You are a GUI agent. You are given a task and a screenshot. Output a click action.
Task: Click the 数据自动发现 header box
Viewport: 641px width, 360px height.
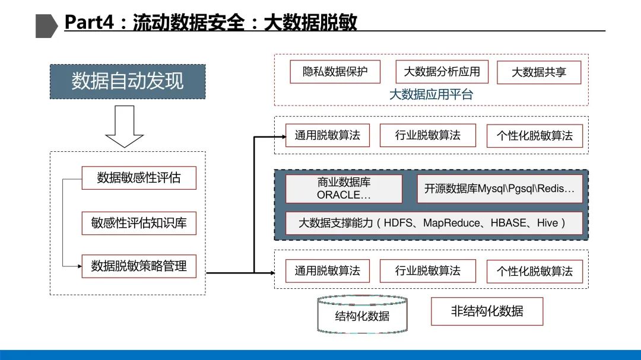[128, 81]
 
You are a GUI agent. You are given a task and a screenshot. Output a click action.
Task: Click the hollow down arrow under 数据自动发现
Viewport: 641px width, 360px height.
[125, 126]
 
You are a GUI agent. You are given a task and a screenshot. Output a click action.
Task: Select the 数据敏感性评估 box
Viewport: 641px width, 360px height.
[139, 177]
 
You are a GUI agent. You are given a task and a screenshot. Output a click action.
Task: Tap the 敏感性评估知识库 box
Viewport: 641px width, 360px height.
[139, 223]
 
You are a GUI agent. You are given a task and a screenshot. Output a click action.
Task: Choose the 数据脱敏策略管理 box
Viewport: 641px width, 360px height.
[139, 266]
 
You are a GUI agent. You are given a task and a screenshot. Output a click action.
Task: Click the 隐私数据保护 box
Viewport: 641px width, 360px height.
[335, 72]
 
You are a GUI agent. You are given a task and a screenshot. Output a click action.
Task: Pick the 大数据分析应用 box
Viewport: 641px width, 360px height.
[442, 72]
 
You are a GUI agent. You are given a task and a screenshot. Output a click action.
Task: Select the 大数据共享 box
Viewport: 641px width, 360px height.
[539, 72]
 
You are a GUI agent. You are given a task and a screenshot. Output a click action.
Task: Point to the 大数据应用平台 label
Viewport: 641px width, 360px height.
[431, 94]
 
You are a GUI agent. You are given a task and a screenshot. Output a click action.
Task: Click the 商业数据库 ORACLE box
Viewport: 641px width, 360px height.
[344, 189]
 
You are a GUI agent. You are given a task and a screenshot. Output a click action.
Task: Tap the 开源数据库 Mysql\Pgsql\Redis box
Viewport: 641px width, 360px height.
[500, 189]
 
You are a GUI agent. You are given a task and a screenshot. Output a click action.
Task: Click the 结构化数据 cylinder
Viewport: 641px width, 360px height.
[363, 314]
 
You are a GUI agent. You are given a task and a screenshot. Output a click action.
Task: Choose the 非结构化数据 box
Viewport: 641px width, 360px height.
[487, 311]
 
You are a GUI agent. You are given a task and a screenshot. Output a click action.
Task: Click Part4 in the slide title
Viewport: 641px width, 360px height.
[90, 23]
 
